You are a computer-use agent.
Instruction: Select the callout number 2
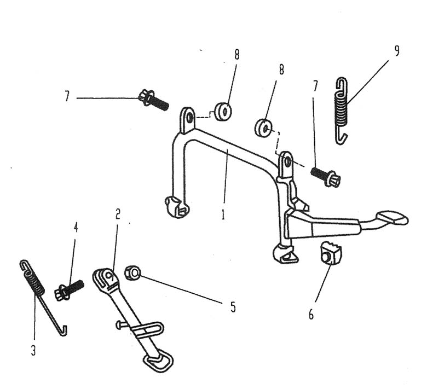[x=117, y=214]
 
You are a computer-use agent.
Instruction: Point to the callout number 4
[x=76, y=227]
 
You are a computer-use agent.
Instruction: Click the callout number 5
[x=233, y=307]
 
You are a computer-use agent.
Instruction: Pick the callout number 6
[x=311, y=315]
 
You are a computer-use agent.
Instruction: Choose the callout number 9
[x=396, y=51]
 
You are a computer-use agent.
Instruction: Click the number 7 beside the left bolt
[x=67, y=97]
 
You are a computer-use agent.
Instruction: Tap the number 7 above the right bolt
[x=315, y=86]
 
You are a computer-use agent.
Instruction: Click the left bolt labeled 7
[x=153, y=100]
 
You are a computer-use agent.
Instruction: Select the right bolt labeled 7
[x=326, y=176]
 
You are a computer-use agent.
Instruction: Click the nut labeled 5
[x=132, y=272]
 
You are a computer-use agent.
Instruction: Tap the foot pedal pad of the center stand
[x=393, y=218]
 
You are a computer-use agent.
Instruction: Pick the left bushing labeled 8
[x=223, y=112]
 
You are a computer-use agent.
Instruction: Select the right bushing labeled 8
[x=263, y=128]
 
